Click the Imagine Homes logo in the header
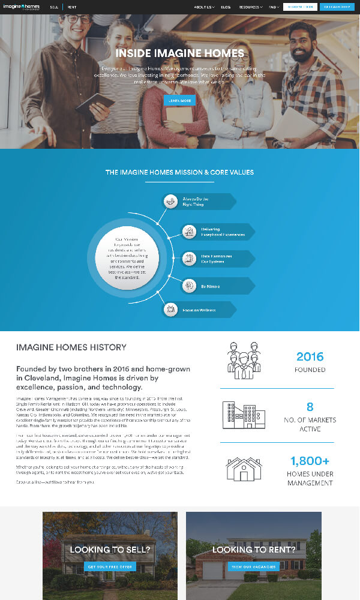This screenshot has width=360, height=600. (23, 7)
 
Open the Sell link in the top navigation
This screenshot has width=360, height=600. (54, 7)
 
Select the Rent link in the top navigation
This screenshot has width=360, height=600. (72, 7)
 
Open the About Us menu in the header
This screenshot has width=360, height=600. (203, 7)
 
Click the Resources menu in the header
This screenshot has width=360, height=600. (250, 7)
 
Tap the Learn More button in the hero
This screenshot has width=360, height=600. (179, 100)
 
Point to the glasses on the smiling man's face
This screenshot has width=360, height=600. (79, 19)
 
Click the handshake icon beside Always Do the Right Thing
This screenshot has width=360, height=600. (171, 201)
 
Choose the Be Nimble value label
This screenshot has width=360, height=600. (210, 286)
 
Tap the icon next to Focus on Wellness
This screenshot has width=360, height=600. (171, 310)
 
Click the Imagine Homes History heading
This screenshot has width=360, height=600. (71, 347)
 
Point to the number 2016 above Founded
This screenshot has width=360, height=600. (310, 356)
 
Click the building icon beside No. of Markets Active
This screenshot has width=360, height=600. (244, 415)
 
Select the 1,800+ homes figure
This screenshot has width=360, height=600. (310, 461)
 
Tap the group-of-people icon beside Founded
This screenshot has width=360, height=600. (244, 361)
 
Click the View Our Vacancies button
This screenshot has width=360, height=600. (253, 566)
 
